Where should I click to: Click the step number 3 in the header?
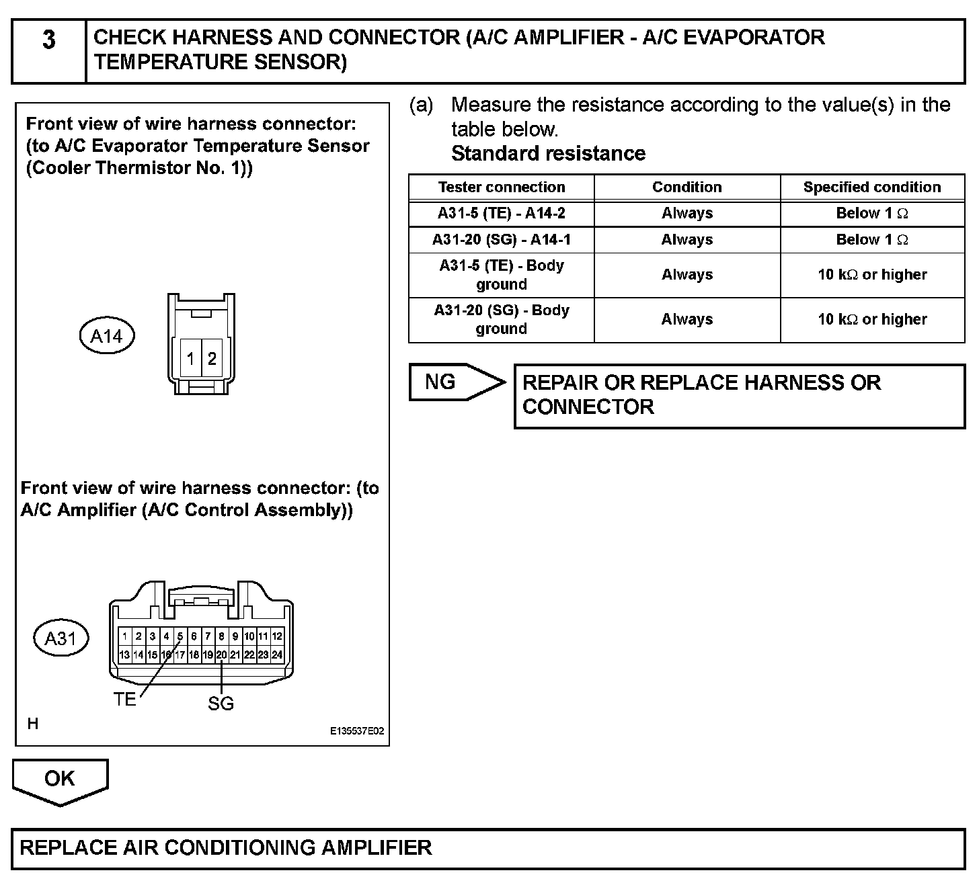pyautogui.click(x=49, y=41)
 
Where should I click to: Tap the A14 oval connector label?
pyautogui.click(x=107, y=336)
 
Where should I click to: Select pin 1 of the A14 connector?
pyautogui.click(x=191, y=359)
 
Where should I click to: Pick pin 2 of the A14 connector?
pyautogui.click(x=212, y=359)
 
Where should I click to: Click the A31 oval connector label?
pyautogui.click(x=61, y=638)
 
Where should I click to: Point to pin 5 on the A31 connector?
pyautogui.click(x=180, y=636)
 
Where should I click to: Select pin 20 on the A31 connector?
pyautogui.click(x=221, y=655)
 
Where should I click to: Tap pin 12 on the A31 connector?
pyautogui.click(x=277, y=636)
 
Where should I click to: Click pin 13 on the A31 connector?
pyautogui.click(x=124, y=655)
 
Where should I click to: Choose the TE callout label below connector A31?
pyautogui.click(x=125, y=700)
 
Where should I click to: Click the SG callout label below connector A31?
pyautogui.click(x=221, y=704)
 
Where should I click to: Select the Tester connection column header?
pyautogui.click(x=502, y=187)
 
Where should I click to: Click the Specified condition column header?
pyautogui.click(x=872, y=187)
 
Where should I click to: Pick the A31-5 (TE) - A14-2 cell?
pyautogui.click(x=502, y=214)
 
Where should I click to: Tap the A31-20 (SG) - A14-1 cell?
pyautogui.click(x=502, y=240)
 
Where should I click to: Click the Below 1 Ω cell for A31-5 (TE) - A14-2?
pyautogui.click(x=872, y=214)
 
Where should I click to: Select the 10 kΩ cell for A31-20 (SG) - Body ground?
pyautogui.click(x=872, y=320)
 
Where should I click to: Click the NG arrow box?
pyautogui.click(x=451, y=382)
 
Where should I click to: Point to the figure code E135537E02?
pyautogui.click(x=357, y=731)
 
